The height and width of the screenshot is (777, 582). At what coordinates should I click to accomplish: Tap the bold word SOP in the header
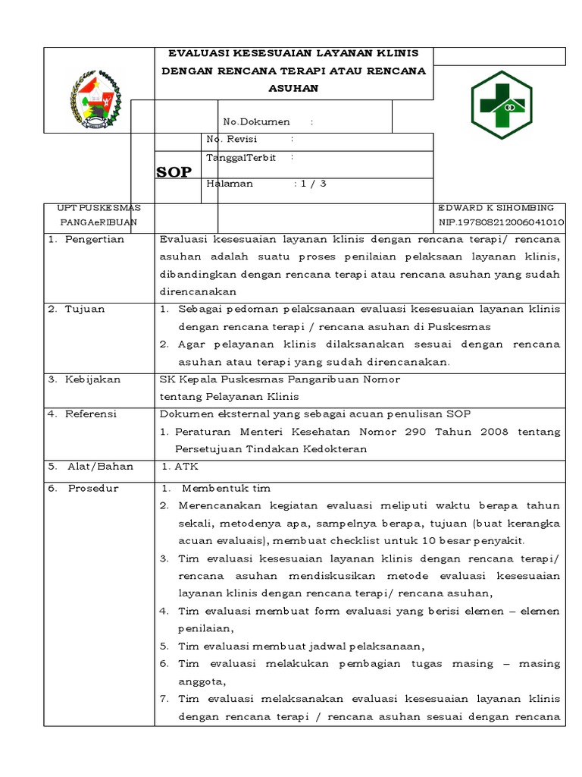(x=174, y=173)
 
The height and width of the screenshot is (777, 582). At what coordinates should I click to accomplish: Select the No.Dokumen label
(x=256, y=121)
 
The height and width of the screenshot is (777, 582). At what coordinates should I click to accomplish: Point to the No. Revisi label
(x=232, y=139)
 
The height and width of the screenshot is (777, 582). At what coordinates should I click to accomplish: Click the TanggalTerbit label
(x=240, y=157)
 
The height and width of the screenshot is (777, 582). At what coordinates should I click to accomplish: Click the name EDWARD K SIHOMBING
(x=496, y=207)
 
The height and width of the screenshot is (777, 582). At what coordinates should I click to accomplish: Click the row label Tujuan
(x=85, y=309)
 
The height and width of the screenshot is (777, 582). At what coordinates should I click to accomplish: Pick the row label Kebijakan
(x=92, y=379)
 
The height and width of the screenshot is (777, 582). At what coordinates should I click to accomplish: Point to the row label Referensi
(x=90, y=414)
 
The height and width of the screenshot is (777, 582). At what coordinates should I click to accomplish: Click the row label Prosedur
(x=93, y=488)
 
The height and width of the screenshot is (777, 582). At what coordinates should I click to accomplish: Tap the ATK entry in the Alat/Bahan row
(x=186, y=467)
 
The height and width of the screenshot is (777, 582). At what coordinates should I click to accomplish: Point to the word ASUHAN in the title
(x=293, y=88)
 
